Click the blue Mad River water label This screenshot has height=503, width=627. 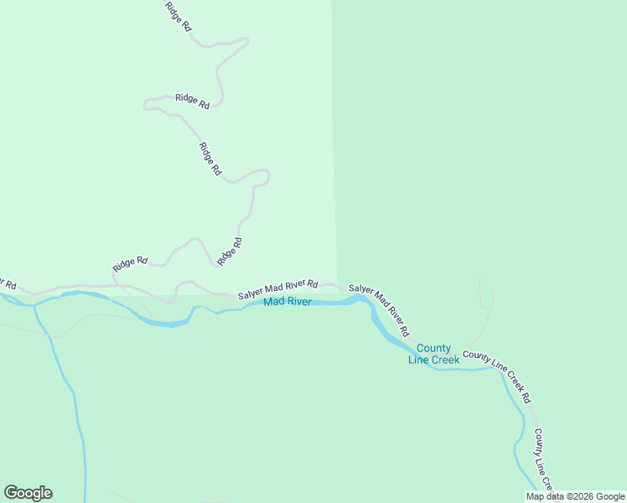(288, 302)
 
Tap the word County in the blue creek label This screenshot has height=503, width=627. (433, 349)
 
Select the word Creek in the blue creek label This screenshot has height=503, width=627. (445, 360)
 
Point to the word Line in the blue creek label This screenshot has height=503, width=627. (418, 360)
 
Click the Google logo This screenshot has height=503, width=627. (28, 493)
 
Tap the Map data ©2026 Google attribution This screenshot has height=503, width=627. (575, 496)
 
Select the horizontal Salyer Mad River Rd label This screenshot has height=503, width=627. (277, 290)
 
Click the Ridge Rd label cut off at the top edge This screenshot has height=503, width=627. (179, 15)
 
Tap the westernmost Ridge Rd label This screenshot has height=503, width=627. (130, 263)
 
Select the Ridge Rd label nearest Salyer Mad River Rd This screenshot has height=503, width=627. (229, 251)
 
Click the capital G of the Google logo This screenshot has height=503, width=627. (11, 493)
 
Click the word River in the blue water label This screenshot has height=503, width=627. (299, 302)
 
